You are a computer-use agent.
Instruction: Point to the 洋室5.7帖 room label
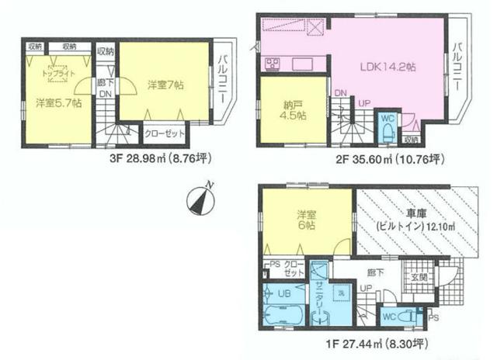tap(57, 104)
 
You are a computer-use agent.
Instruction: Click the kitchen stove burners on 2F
tap(273, 63)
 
